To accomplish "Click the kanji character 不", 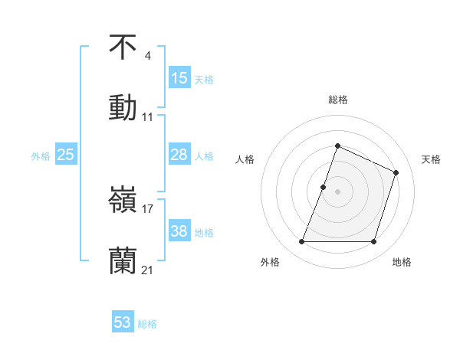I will point(123,47).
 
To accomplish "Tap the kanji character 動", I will point(123,107).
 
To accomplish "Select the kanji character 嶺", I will point(123,201).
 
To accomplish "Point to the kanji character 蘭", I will point(123,261).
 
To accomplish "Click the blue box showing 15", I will point(179,77).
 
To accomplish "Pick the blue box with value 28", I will point(179,155).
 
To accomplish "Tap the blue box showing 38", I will point(179,231).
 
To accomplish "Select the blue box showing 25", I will point(66,155).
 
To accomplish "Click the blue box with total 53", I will point(123,322).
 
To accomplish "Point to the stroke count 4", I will point(147,56).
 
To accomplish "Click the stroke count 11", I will point(148,117).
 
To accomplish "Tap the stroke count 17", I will point(148,208).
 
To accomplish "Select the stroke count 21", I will point(148,270).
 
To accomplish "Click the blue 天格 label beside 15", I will point(203,79).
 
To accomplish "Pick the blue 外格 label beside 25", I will point(41,156).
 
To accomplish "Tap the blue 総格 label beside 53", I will point(147,324).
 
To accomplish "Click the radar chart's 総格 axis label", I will point(338,100).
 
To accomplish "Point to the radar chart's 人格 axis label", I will point(245,159).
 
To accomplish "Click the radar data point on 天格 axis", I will point(396,172).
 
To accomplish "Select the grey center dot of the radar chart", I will point(337,191).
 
